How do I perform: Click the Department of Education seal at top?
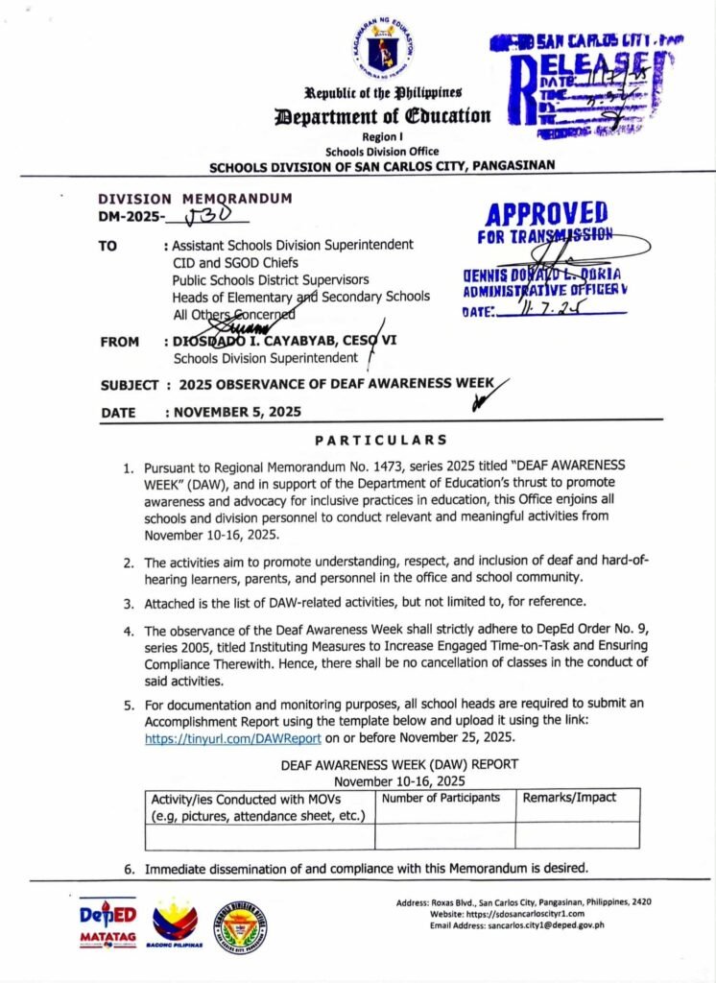383,49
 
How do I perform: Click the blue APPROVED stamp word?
546,213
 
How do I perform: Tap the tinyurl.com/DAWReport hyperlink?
233,739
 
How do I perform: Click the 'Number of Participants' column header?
442,798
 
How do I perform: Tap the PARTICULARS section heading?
381,441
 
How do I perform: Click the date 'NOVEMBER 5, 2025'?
236,412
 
